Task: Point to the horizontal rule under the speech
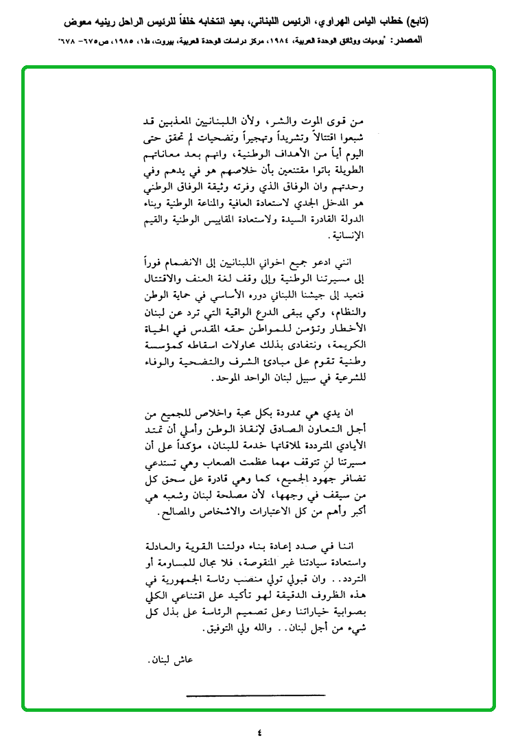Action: [255, 696]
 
